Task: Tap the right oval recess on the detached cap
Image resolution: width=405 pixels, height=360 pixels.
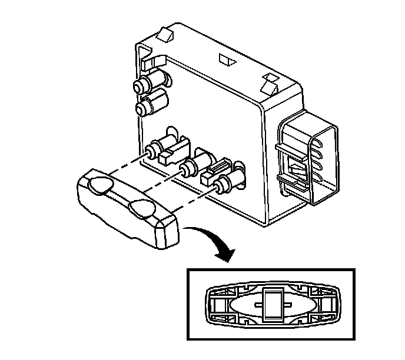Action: pyautogui.click(x=141, y=207)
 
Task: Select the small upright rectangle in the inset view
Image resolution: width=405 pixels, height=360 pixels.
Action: pyautogui.click(x=271, y=304)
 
